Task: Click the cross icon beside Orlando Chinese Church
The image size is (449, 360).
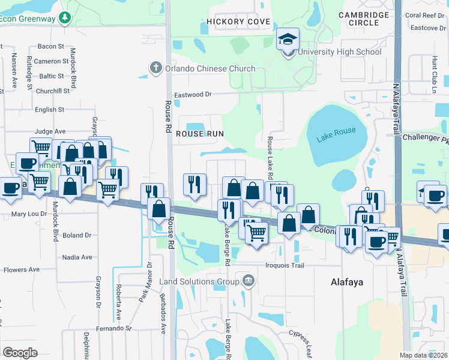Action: click(155, 68)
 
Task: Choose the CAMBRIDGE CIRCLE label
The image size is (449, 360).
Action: click(359, 19)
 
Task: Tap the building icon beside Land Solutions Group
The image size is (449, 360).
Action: click(248, 280)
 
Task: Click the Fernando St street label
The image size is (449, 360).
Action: click(113, 329)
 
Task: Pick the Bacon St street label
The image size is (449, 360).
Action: click(50, 46)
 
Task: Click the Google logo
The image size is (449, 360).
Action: click(20, 352)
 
